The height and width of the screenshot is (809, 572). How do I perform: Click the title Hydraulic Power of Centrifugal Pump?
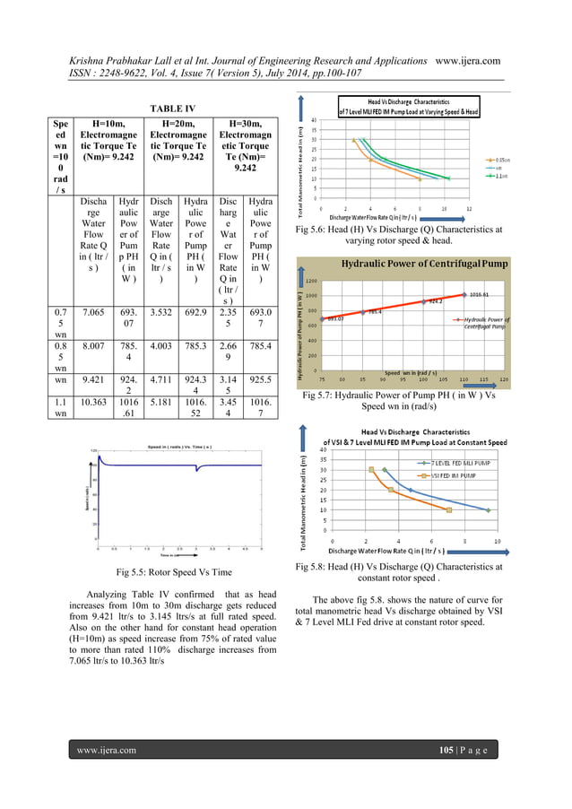(421, 263)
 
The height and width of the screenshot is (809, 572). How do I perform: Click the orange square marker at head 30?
(371, 469)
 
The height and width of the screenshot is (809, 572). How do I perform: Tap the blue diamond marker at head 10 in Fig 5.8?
(489, 510)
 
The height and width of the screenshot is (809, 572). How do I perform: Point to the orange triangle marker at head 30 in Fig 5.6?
(353, 140)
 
